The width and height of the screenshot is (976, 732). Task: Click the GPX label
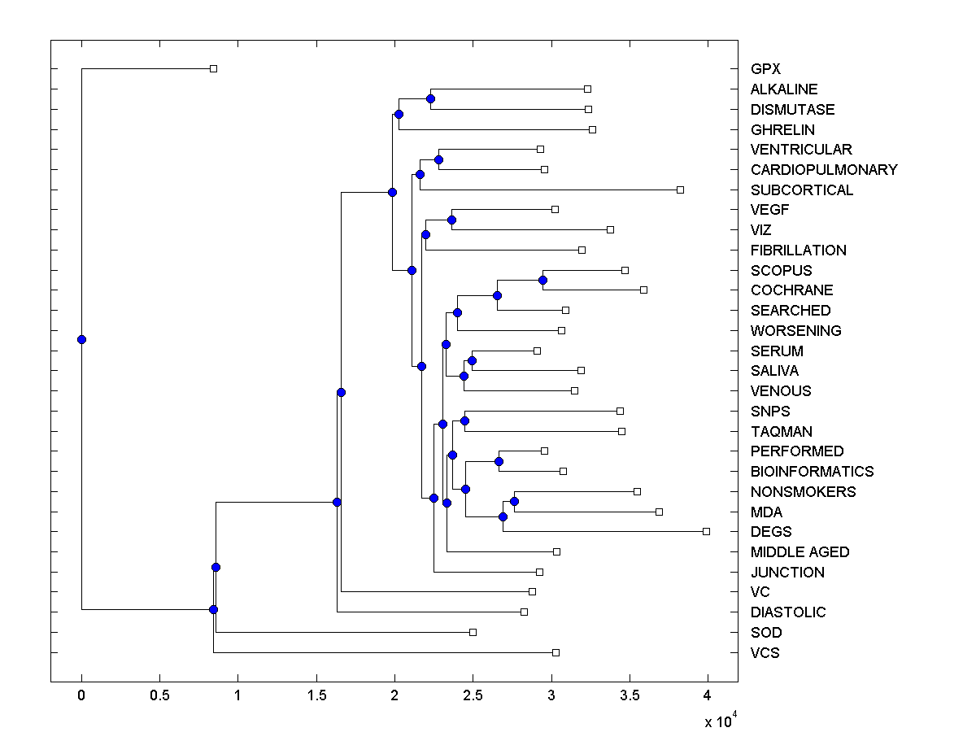tap(765, 69)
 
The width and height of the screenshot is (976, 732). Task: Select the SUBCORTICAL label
tap(801, 190)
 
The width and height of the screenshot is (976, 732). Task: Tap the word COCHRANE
tap(791, 290)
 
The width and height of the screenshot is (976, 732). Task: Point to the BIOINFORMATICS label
tap(812, 472)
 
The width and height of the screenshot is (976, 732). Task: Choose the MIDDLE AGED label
tap(800, 552)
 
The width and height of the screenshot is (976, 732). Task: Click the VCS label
tap(765, 652)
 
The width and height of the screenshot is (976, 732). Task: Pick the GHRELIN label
tap(782, 129)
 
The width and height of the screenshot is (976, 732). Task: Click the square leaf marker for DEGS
tap(706, 531)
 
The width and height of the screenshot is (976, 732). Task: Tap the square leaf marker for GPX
tap(213, 69)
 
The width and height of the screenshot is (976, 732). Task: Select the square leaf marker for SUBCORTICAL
tap(680, 190)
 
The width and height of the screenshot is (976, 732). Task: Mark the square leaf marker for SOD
tap(473, 632)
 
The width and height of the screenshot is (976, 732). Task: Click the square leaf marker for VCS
tap(556, 652)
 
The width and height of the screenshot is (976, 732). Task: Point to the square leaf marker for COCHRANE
tap(643, 290)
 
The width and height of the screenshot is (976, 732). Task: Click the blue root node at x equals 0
tap(81, 339)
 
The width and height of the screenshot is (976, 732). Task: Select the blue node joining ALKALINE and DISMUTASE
tap(430, 98)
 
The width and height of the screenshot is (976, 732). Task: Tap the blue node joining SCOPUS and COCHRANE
tap(542, 280)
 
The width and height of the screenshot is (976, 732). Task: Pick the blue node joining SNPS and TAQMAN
tap(464, 420)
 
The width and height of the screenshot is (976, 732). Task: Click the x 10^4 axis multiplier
tap(721, 721)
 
